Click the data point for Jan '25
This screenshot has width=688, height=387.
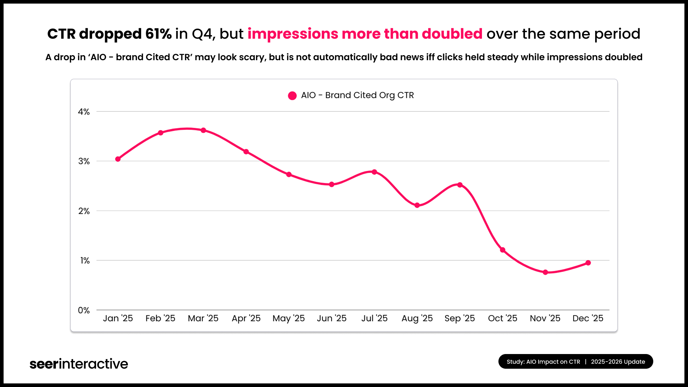[x=118, y=159]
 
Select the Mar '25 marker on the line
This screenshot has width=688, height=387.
[x=203, y=130]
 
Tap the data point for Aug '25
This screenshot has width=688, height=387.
[x=417, y=205]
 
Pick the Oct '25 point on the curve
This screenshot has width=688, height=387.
[x=502, y=250]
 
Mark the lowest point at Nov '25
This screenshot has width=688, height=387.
[x=545, y=272]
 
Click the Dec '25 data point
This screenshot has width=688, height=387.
[x=588, y=263]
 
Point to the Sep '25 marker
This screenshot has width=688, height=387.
[x=460, y=185]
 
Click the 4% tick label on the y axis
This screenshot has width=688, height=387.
[x=84, y=112]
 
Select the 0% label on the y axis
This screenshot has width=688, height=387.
[x=84, y=310]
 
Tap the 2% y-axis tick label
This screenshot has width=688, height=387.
[x=84, y=211]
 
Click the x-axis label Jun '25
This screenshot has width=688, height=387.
[x=331, y=318]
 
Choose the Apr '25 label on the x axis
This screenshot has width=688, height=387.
[x=246, y=318]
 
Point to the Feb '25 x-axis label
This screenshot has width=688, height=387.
[x=160, y=318]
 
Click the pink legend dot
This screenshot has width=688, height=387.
[x=292, y=96]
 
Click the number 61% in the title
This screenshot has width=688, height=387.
[x=158, y=34]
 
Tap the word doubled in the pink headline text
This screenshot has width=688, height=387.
[x=452, y=34]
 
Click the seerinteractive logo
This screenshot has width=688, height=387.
[x=79, y=364]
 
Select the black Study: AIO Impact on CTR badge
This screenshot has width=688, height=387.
[x=575, y=362]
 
